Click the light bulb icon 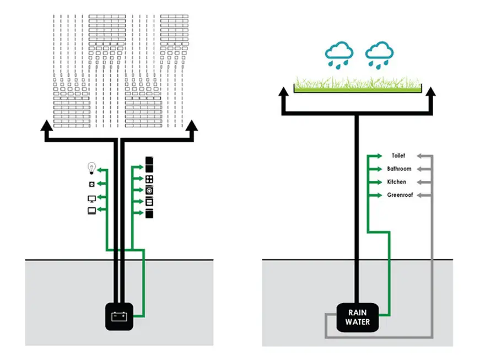pos(91,168)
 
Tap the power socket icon pos(91,184)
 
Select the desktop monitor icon pos(91,199)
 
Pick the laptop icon pos(91,211)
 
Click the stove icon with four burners pos(149,179)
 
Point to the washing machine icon pos(149,190)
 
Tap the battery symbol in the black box pos(119,316)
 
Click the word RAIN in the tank pos(358,313)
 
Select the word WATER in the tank pos(358,322)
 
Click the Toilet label pos(398,155)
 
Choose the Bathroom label pos(399,169)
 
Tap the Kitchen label pos(397,182)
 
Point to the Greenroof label pos(400,195)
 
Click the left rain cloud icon pos(339,55)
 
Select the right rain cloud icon pos(379,55)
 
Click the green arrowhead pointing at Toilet pos(379,156)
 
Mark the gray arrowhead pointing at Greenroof pos(420,196)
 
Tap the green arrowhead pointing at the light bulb pos(100,170)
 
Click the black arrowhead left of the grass pos(283,92)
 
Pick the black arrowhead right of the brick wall pos(191,125)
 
